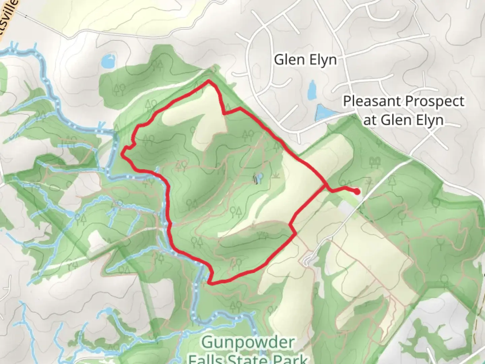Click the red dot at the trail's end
[x=357, y=192]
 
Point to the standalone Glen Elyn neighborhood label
[x=305, y=60]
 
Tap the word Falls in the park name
[x=206, y=359]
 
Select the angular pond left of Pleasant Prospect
[x=323, y=113]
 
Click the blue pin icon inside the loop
[x=259, y=178]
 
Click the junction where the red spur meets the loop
[x=326, y=186]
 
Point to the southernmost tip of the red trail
[x=210, y=283]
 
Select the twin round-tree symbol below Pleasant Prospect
[x=373, y=162]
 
